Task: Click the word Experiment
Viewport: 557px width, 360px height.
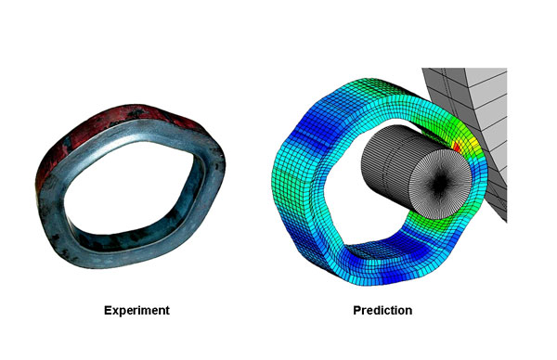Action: tap(136, 310)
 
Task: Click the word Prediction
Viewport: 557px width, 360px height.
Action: tap(382, 310)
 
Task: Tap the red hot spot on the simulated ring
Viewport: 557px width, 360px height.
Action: tap(457, 148)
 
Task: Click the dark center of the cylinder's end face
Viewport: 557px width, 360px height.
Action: tap(440, 182)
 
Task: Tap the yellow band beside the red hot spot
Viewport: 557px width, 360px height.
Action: tap(469, 142)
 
